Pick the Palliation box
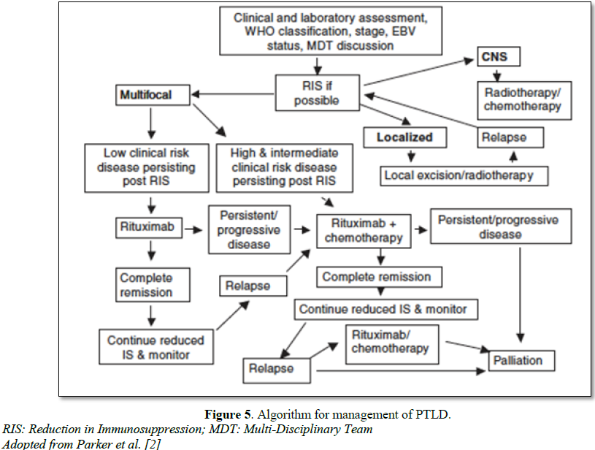518,360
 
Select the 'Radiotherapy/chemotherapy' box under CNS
523,100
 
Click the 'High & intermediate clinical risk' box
284,167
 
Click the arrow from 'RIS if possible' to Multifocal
233,94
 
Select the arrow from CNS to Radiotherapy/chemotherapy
497,75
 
